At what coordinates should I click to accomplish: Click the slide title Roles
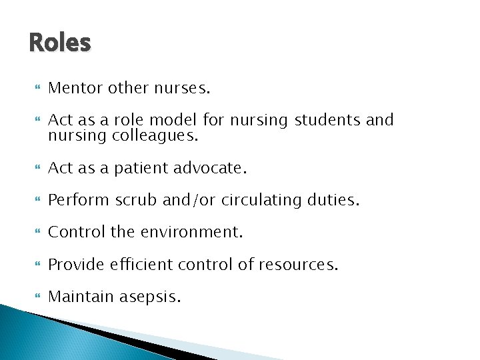click(60, 43)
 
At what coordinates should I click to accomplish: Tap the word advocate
click(210, 169)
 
